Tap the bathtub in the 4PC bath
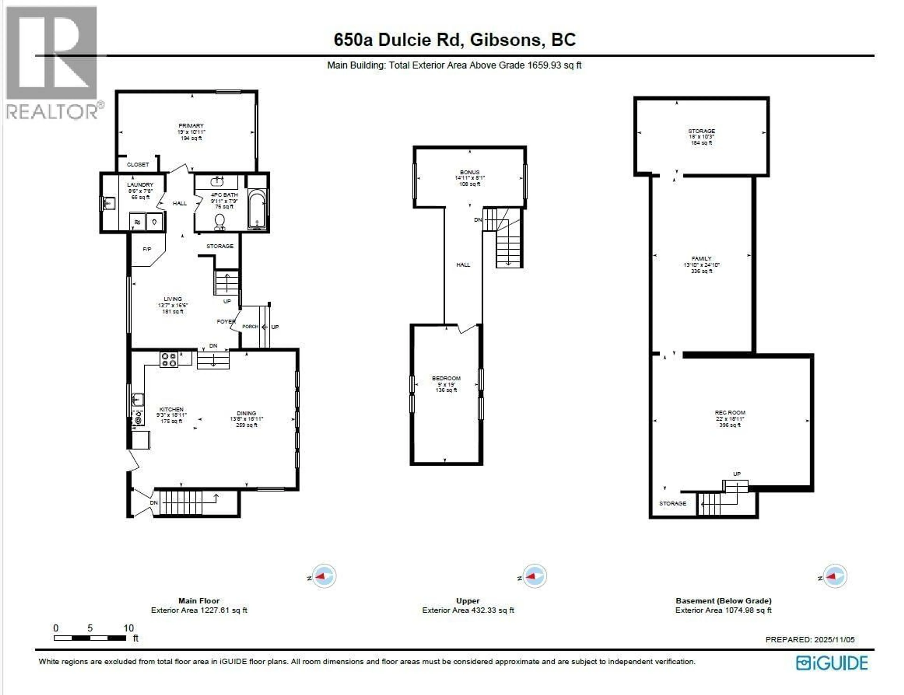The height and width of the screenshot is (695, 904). pos(257,209)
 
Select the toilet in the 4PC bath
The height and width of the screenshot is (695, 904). pos(220,222)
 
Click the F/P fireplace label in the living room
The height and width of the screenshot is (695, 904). pos(147,249)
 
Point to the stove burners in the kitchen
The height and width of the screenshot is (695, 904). pos(169,359)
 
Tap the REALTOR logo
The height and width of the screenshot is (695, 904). pos(52,62)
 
